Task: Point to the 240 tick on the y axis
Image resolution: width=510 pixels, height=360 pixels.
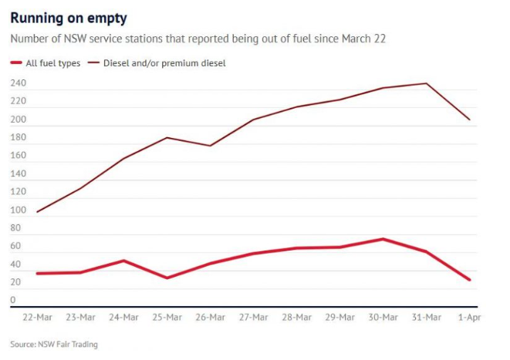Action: coord(18,83)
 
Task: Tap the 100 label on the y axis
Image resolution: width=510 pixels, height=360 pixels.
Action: coord(18,210)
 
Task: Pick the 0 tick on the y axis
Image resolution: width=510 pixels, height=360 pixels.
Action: coord(13,301)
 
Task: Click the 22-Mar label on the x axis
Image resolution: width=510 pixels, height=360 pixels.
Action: coord(36,317)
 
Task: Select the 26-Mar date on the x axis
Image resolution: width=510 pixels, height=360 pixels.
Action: coord(210,317)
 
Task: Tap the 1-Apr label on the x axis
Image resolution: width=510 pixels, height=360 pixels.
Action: coord(468,317)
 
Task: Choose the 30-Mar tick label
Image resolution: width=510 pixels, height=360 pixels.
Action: coord(383,317)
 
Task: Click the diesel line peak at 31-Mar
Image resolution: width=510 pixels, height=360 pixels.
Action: coord(426,83)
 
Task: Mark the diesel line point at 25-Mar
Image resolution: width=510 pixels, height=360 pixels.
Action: coord(167,137)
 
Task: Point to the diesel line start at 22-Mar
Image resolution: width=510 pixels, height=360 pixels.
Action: coord(37,212)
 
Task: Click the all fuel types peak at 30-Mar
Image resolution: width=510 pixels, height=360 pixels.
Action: coord(383,239)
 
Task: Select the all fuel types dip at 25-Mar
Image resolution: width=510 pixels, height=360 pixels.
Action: coord(167,278)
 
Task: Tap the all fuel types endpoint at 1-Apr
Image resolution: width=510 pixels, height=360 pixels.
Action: coord(469,280)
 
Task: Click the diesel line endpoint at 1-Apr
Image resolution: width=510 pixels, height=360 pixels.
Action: coord(469,119)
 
